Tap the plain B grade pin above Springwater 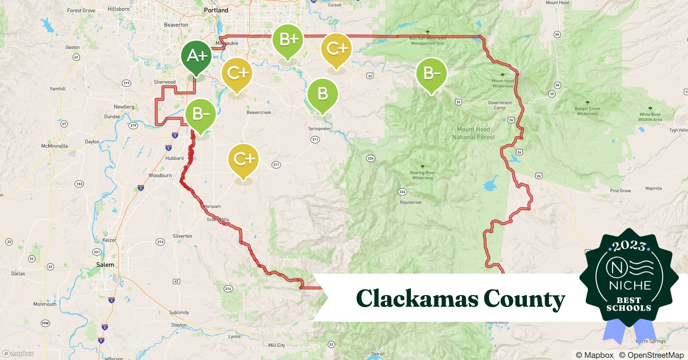pyautogui.click(x=322, y=94)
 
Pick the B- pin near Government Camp pyautogui.click(x=431, y=73)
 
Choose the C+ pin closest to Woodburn pyautogui.click(x=244, y=159)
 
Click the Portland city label pyautogui.click(x=216, y=10)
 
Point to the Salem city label pyautogui.click(x=105, y=265)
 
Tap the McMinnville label pyautogui.click(x=54, y=146)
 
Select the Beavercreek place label pyautogui.click(x=259, y=112)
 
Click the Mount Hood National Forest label pyautogui.click(x=473, y=133)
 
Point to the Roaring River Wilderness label pyautogui.click(x=423, y=175)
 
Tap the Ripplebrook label pyautogui.click(x=411, y=202)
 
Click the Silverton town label pyautogui.click(x=182, y=236)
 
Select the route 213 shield pyautogui.click(x=160, y=242)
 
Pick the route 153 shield pyautogui.click(x=79, y=184)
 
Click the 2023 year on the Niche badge pyautogui.click(x=629, y=246)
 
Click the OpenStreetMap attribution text pyautogui.click(x=652, y=355)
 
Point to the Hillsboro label pyautogui.click(x=119, y=9)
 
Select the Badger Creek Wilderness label pyautogui.click(x=587, y=111)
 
